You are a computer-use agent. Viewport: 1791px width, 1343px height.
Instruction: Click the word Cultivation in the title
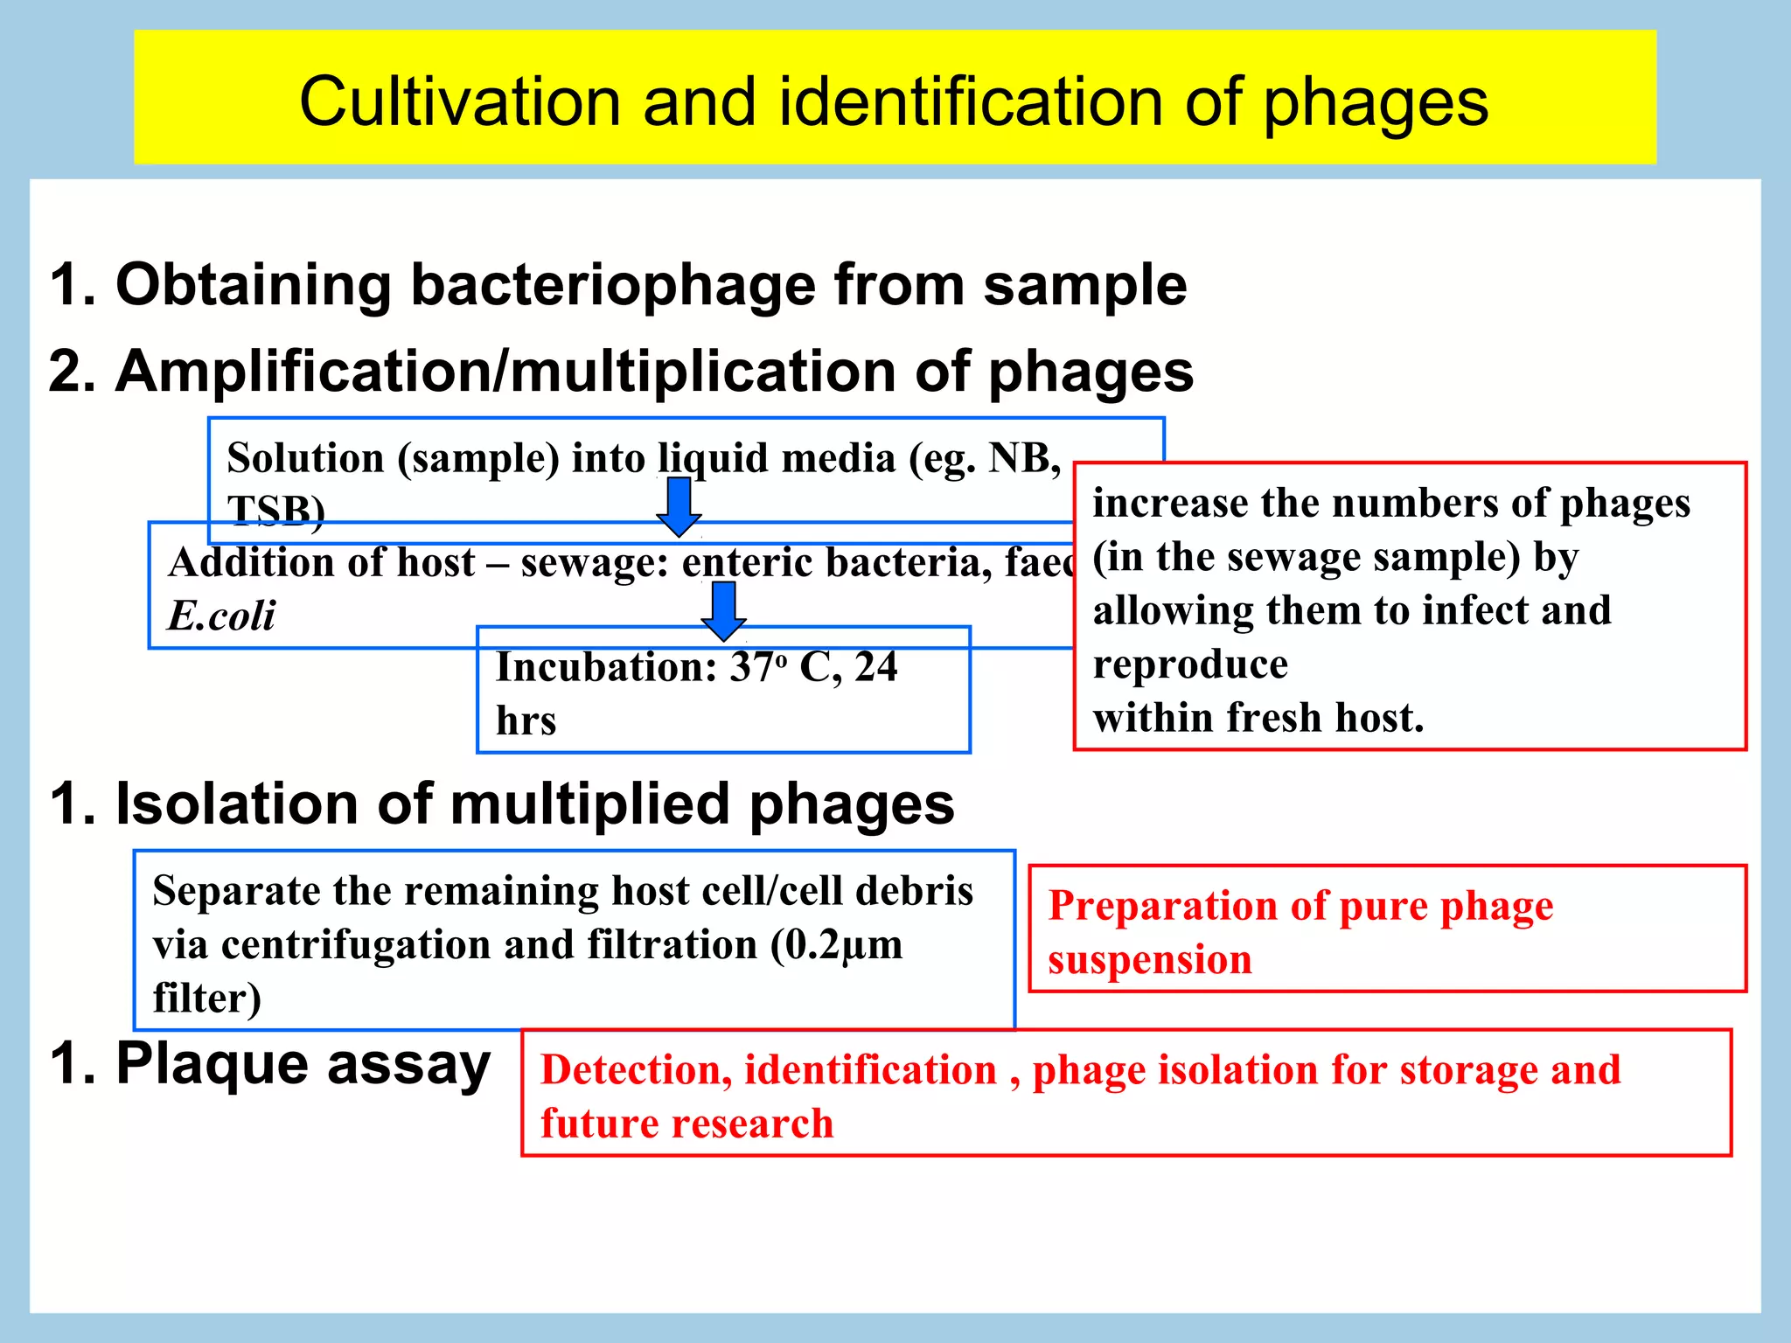click(460, 101)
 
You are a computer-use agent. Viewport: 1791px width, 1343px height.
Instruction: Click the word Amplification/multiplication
click(506, 371)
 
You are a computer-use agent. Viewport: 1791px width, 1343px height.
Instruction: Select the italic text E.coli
click(221, 616)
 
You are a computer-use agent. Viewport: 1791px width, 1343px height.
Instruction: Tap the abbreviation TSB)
click(275, 510)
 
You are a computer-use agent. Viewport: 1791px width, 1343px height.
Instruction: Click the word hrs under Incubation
click(526, 721)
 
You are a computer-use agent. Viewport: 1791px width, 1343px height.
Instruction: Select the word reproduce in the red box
click(1189, 664)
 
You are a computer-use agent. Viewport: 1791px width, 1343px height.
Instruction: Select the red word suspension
click(1149, 959)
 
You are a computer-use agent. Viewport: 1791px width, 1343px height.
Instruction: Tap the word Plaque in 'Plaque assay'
click(212, 1064)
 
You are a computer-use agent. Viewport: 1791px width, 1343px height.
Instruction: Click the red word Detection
click(636, 1069)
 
